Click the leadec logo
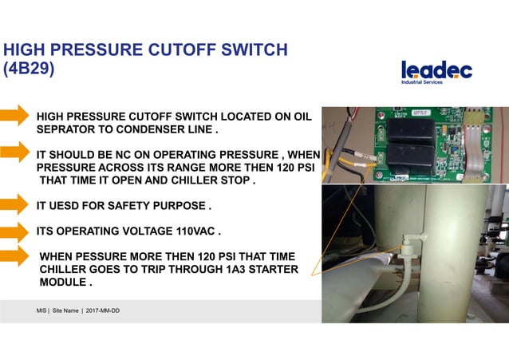point(436,69)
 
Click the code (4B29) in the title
point(30,69)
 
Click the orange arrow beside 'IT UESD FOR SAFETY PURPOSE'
point(14,206)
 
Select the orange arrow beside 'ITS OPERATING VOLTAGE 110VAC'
point(14,231)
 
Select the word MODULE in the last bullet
point(63,283)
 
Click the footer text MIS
point(41,309)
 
